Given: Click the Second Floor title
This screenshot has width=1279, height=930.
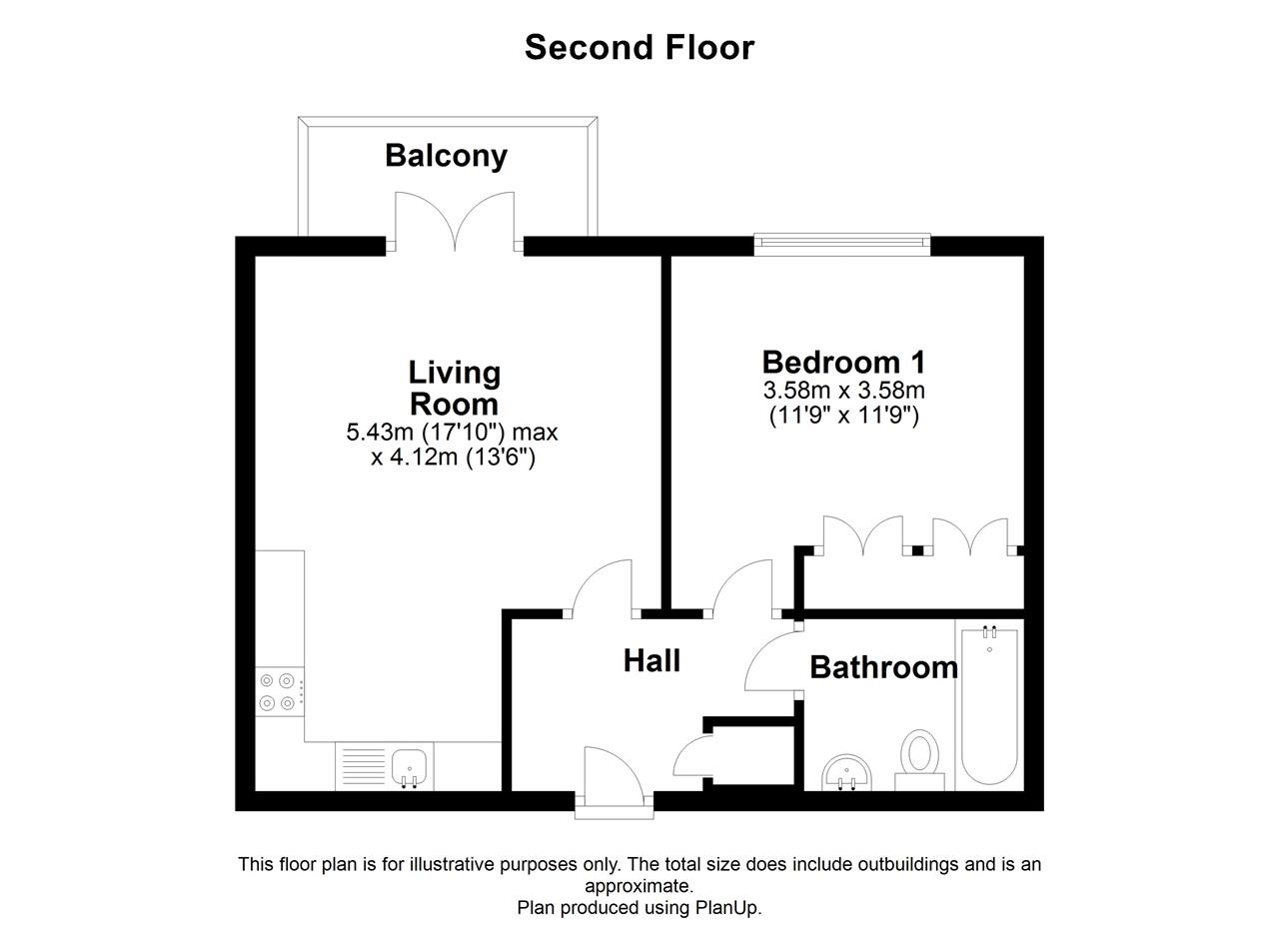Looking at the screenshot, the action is click(x=639, y=47).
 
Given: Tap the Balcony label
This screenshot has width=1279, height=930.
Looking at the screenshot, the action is click(x=446, y=156).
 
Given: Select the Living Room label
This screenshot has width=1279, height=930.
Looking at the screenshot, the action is click(x=455, y=389).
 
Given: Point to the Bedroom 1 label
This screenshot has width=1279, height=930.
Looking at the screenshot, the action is click(x=843, y=363).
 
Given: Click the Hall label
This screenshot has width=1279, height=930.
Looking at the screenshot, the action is click(x=651, y=661).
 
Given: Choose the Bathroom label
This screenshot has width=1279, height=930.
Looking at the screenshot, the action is click(x=884, y=667).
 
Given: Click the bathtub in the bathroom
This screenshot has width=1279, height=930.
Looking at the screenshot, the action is click(x=989, y=705).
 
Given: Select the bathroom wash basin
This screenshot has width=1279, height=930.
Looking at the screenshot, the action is click(x=846, y=772).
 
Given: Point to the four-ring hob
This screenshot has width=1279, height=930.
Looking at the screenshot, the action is click(x=279, y=692).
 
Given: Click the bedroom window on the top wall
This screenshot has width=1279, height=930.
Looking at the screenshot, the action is click(x=842, y=244).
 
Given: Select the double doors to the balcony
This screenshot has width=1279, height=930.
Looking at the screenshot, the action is click(x=455, y=222).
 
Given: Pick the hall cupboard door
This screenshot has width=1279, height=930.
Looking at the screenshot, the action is click(x=692, y=755).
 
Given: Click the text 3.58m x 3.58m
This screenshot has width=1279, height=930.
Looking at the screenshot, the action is click(x=844, y=391).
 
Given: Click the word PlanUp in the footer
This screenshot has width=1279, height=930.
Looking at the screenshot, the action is click(x=728, y=907).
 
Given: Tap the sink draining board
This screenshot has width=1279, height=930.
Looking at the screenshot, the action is click(x=364, y=766).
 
